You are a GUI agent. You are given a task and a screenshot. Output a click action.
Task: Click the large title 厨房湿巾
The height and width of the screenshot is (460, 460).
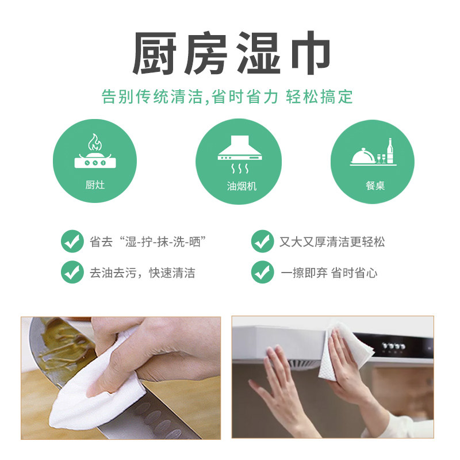(x=232, y=53)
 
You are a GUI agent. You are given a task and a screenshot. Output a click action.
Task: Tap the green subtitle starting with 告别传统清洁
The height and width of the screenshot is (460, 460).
(x=227, y=97)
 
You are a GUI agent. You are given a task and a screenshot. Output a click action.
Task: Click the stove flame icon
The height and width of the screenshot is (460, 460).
(x=95, y=142)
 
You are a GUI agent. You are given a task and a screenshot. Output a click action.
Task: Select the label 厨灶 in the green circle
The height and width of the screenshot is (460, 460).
(x=95, y=185)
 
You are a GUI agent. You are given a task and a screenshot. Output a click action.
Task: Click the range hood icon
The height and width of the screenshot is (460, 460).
(x=240, y=148)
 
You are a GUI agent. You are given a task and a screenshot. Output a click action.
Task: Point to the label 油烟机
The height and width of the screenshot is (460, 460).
(x=241, y=186)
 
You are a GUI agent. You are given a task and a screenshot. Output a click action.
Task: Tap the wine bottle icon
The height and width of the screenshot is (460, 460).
(x=390, y=151)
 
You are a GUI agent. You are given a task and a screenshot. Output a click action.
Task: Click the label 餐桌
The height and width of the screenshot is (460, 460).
(x=375, y=185)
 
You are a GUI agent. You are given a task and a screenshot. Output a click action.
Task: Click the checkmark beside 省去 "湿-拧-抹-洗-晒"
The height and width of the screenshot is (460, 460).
(x=72, y=241)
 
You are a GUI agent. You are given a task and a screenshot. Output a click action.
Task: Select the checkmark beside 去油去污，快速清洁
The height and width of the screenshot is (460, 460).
(x=72, y=272)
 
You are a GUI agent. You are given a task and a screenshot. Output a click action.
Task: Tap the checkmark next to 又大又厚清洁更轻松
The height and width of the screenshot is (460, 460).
(x=262, y=241)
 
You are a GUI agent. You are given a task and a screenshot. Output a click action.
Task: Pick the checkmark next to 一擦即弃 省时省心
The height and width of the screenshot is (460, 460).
(x=262, y=272)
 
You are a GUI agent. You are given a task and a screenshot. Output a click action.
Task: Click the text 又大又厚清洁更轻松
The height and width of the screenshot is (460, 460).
(x=332, y=242)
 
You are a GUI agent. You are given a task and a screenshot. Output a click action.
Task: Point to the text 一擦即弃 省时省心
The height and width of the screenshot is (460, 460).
(x=329, y=273)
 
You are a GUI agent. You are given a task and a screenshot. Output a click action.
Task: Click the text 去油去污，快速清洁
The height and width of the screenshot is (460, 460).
(x=142, y=273)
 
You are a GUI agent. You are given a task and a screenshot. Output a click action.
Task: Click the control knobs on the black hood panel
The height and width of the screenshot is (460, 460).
(x=394, y=346)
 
